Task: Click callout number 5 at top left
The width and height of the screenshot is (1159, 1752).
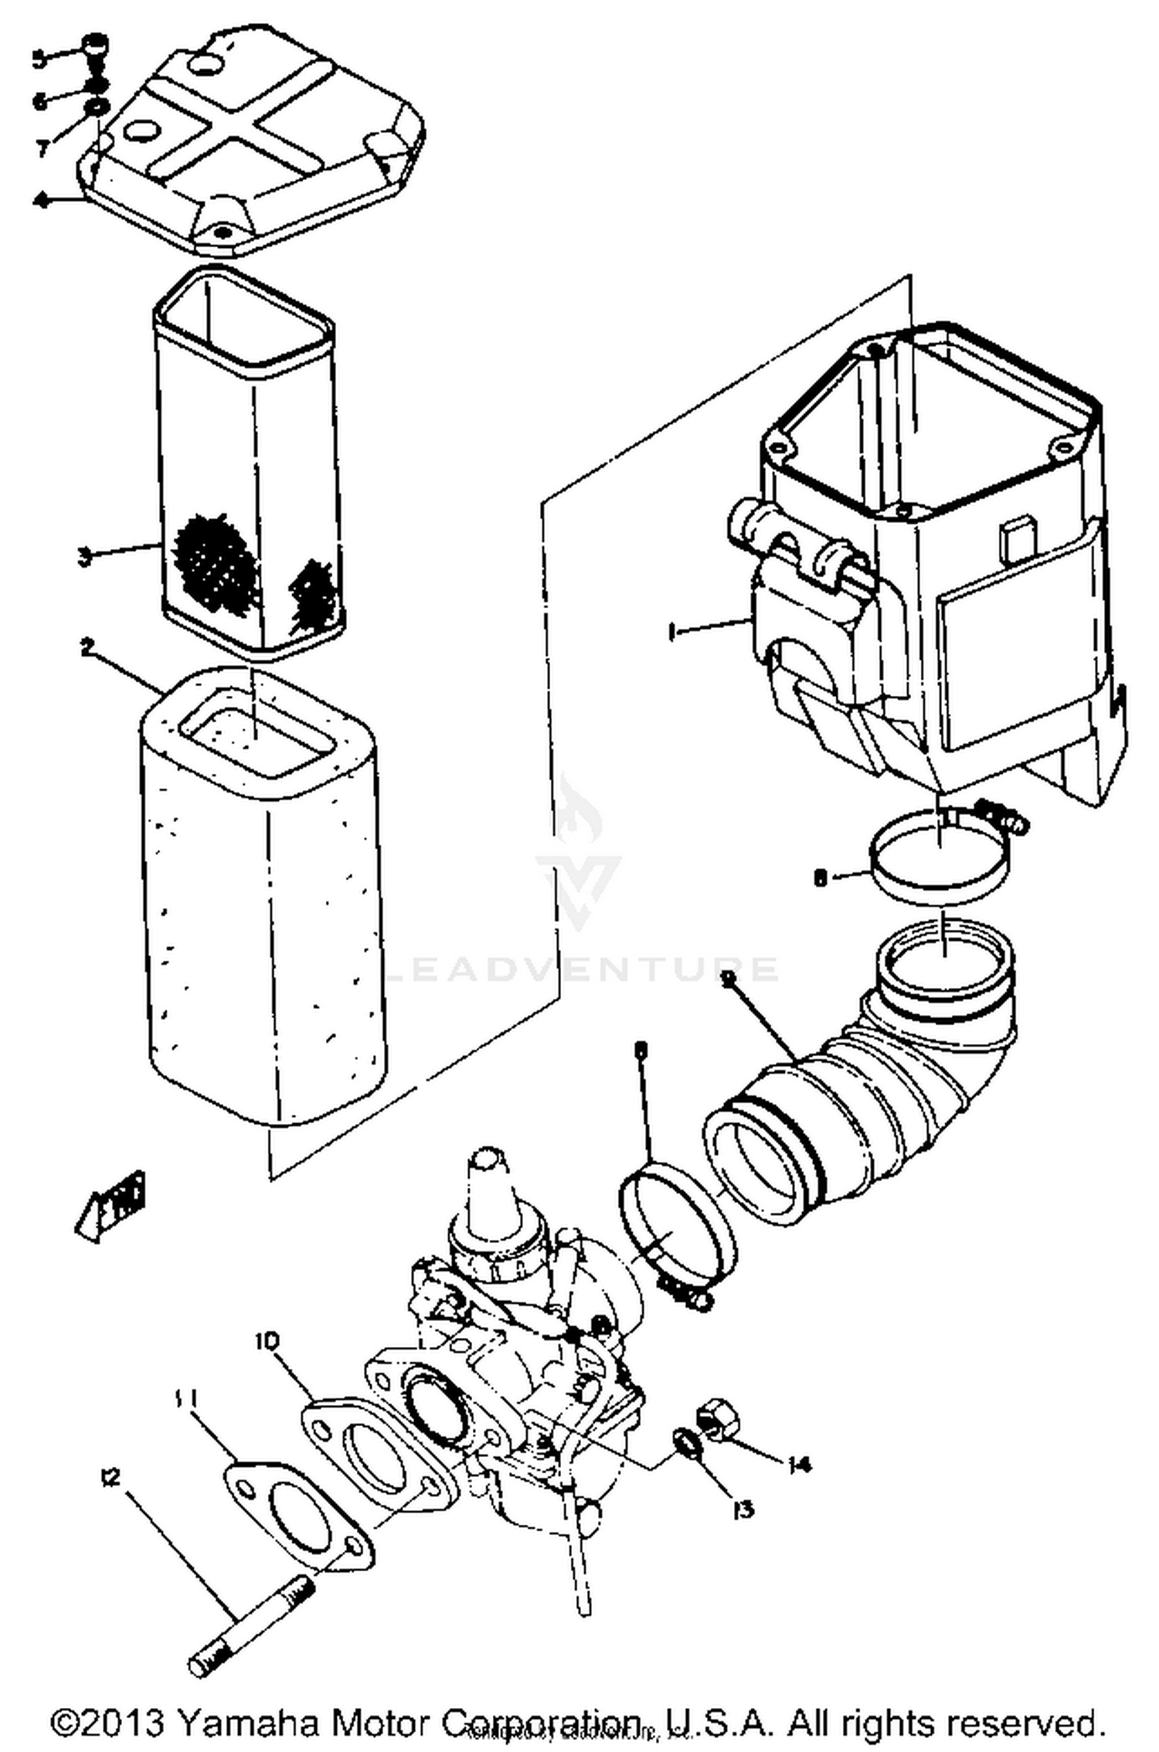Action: pos(39,59)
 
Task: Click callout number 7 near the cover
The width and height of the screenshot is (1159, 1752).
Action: pos(42,147)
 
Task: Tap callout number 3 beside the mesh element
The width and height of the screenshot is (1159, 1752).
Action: pos(85,556)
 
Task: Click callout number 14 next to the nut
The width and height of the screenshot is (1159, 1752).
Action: pos(799,1465)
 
